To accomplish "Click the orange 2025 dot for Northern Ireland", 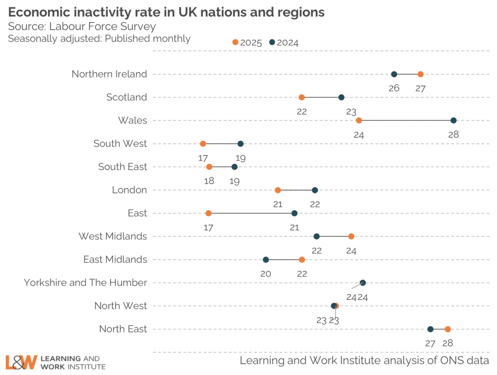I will [x=420, y=74].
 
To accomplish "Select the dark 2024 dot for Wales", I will [x=454, y=120].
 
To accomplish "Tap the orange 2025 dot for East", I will [x=208, y=213].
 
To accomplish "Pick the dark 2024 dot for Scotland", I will [x=341, y=97].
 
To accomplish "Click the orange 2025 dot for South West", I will [x=203, y=144].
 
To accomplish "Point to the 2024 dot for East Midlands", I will [x=266, y=260].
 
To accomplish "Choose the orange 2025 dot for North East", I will [x=448, y=329].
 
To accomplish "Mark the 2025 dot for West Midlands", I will [x=351, y=236].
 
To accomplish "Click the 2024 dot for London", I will [x=315, y=190].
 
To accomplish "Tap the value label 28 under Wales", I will [x=454, y=135].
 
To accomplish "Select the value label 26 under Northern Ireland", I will [x=394, y=88].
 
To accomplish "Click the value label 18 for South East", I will [x=209, y=181].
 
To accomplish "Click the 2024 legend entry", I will [x=284, y=42].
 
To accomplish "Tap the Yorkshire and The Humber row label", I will [x=85, y=283].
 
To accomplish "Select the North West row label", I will [x=121, y=306].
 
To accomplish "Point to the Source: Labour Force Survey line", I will [x=82, y=26].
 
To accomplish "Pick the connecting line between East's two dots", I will [x=251, y=213].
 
